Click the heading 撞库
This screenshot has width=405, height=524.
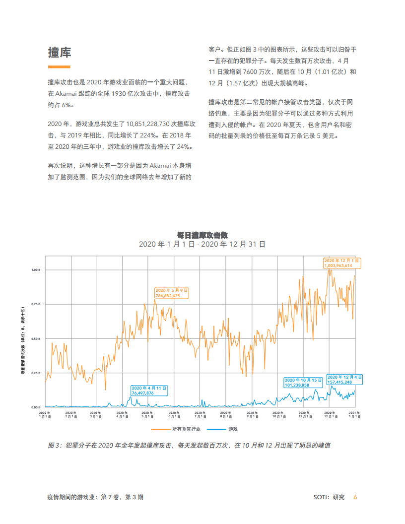(x=59, y=53)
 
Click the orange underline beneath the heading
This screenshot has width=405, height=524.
(x=59, y=67)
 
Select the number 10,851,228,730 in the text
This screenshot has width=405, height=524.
(x=151, y=124)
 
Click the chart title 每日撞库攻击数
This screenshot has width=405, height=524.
(x=202, y=235)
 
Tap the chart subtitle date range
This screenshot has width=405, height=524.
(x=202, y=244)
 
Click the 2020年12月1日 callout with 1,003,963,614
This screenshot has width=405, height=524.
(x=342, y=263)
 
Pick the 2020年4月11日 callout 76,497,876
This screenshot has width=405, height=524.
(x=149, y=390)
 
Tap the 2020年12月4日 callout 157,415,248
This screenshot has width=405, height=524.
(x=345, y=380)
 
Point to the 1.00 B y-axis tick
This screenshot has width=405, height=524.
(x=36, y=270)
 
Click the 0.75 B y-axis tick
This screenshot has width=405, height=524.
(x=36, y=304)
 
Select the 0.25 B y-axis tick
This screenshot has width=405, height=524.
(x=36, y=373)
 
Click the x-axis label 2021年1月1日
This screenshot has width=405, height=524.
(x=355, y=415)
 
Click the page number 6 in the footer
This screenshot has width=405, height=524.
(x=355, y=497)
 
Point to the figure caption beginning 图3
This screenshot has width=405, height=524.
(x=189, y=446)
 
